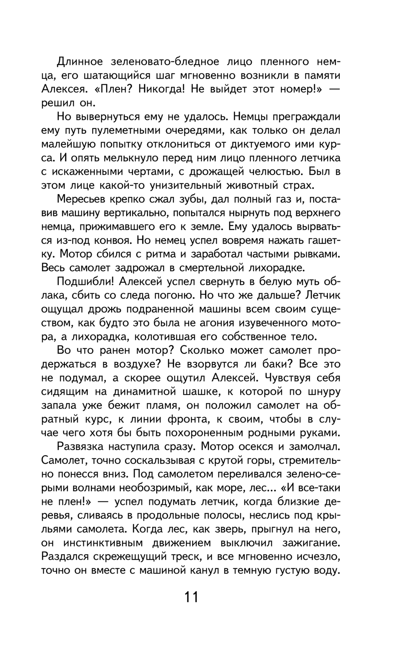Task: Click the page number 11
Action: point(191,597)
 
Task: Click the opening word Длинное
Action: point(80,62)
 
